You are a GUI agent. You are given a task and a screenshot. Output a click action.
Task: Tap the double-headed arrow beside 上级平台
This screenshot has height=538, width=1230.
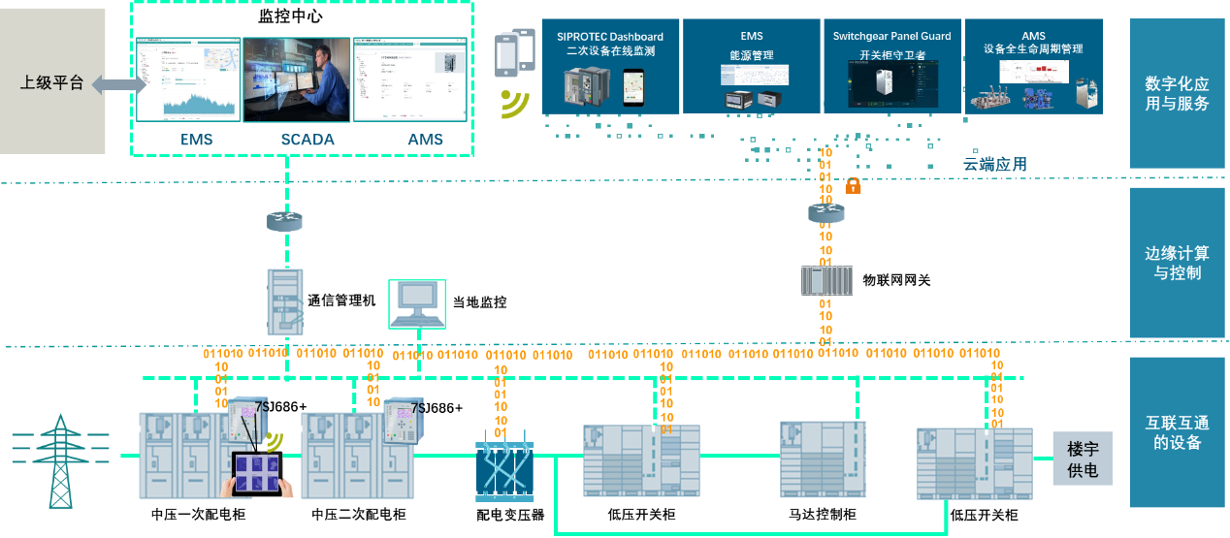[x=119, y=85]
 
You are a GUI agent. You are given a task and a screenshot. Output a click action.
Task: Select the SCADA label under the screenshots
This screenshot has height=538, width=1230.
[x=307, y=140]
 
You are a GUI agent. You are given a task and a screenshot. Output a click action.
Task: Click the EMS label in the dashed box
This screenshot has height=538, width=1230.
[x=197, y=140]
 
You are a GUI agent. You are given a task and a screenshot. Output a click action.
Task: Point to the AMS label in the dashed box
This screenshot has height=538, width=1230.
[x=425, y=140]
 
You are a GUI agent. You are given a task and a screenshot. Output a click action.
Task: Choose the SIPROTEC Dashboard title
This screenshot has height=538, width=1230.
[x=610, y=37]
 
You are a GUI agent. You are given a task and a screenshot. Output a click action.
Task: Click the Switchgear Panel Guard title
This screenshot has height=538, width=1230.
[x=891, y=37]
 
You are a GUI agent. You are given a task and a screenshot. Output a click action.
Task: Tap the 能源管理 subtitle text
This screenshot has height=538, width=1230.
[x=752, y=55]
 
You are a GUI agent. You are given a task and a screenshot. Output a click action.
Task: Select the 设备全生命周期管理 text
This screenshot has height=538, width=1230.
[x=1033, y=49]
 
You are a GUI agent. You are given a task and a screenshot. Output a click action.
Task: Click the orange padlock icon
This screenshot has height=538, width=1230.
[x=853, y=185]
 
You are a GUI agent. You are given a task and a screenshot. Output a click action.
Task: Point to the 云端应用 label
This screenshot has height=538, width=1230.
[x=994, y=165]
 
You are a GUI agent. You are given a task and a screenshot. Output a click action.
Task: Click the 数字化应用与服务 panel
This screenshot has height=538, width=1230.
[x=1177, y=94]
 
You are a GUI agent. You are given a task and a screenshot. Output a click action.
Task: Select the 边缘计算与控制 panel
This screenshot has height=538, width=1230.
[x=1177, y=263]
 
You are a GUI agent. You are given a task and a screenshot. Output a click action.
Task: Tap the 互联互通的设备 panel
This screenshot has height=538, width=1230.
[x=1177, y=432]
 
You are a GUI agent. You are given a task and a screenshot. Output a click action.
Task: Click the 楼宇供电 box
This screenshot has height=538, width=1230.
[x=1083, y=459]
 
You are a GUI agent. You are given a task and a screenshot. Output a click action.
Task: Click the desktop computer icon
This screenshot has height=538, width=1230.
[x=417, y=303]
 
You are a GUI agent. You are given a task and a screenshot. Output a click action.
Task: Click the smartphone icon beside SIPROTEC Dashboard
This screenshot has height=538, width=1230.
[x=515, y=54]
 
